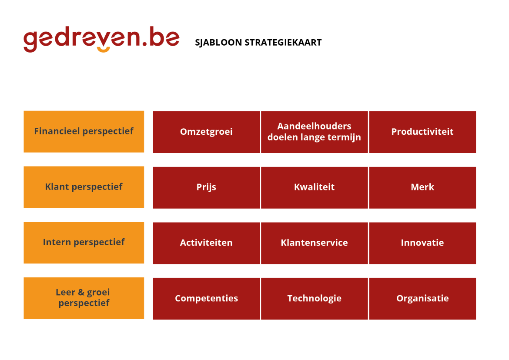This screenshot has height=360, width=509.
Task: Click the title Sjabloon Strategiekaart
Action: [258, 43]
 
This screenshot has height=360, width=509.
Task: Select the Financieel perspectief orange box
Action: [84, 131]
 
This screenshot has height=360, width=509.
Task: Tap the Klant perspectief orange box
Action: [84, 187]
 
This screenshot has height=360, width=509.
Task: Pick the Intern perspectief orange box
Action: [84, 243]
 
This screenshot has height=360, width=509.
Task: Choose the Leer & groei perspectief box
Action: [84, 298]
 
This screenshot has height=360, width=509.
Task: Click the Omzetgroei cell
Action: [206, 132]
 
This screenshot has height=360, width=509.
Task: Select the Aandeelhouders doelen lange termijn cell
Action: [314, 132]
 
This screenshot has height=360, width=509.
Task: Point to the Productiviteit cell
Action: [422, 132]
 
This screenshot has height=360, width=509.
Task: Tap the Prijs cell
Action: [206, 187]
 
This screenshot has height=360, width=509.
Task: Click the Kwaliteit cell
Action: [314, 187]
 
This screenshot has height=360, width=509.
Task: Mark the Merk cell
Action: [422, 187]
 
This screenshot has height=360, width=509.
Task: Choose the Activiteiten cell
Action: [206, 243]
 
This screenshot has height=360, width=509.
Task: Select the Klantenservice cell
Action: [314, 243]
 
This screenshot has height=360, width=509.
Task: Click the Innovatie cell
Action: [422, 243]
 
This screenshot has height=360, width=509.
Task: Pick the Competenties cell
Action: [206, 299]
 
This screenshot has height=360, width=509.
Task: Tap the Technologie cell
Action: [314, 299]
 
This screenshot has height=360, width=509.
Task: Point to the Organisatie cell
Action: [422, 299]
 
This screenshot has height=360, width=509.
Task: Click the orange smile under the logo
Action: [103, 50]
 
